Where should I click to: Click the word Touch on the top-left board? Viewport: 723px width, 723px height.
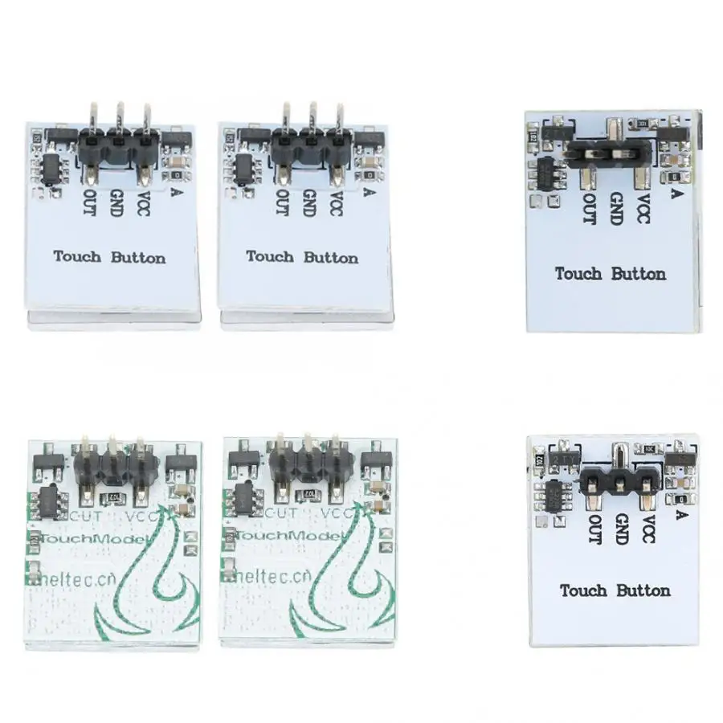(x=77, y=257)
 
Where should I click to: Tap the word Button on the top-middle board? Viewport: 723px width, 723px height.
(x=331, y=257)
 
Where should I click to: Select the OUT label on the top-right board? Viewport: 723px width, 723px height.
(x=590, y=208)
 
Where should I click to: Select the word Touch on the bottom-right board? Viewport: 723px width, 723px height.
(x=583, y=590)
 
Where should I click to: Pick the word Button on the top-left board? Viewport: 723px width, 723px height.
(x=138, y=257)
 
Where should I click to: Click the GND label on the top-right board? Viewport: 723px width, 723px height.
(x=617, y=208)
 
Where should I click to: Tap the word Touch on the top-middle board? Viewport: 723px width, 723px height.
(x=270, y=257)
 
